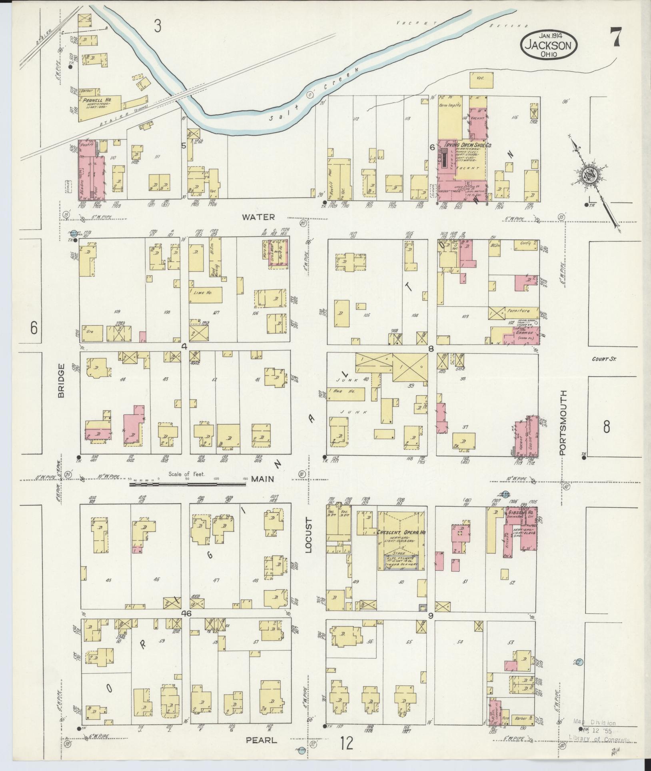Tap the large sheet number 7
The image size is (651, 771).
point(616,39)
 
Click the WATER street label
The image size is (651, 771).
point(258,217)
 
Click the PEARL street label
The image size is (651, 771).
point(261,740)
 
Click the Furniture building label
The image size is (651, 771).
point(519,310)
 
